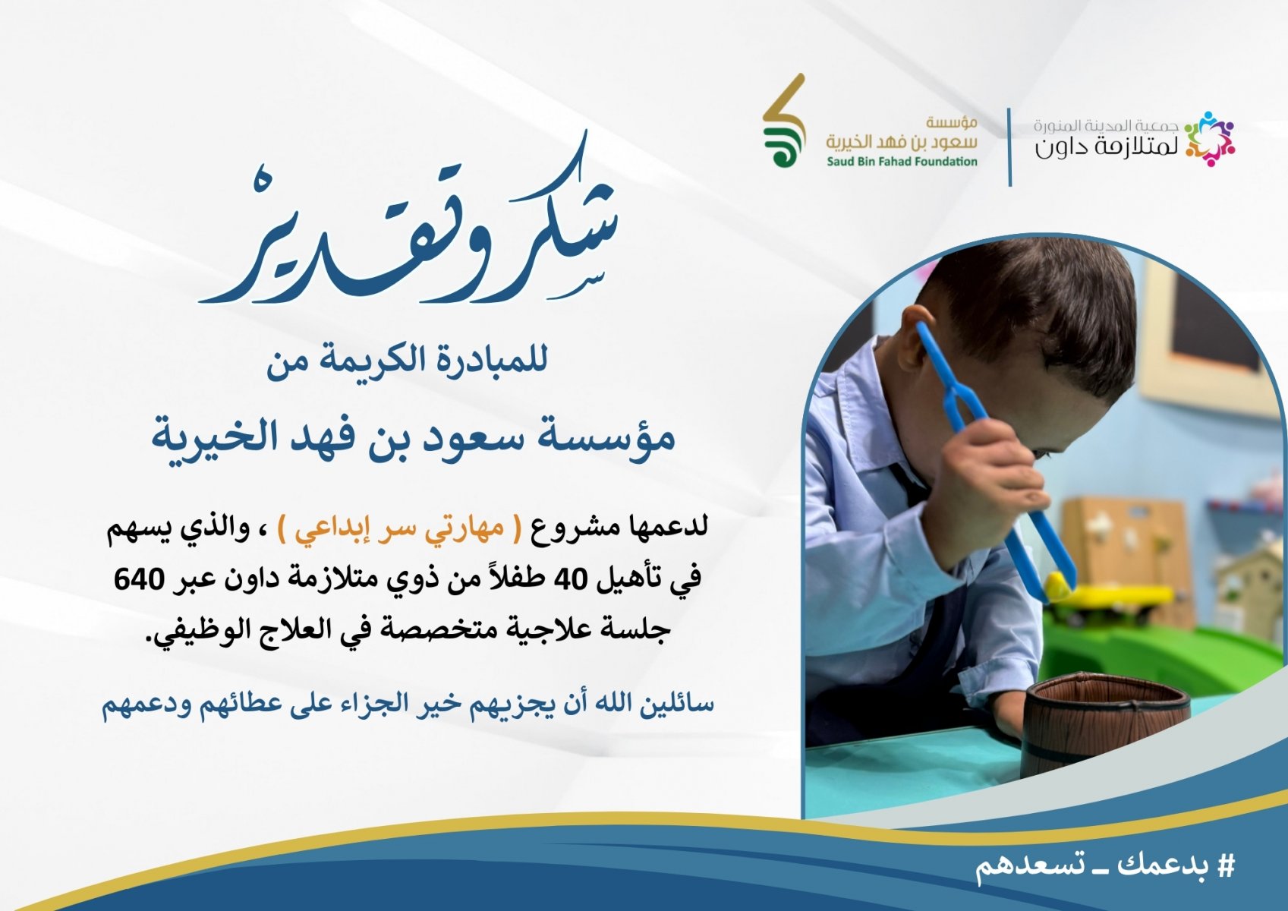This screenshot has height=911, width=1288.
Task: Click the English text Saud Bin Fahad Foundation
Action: coord(902,162)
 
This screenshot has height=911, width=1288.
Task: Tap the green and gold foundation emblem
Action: coord(783,121)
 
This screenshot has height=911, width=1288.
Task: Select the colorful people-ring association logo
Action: coord(1209,139)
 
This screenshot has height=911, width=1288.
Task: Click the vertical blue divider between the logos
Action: coord(1009,147)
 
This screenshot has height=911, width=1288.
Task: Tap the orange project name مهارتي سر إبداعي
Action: coord(402,530)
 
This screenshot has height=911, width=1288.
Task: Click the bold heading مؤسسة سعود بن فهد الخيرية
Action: coord(413,438)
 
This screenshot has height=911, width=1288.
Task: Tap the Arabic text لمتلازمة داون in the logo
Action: coord(1107,148)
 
